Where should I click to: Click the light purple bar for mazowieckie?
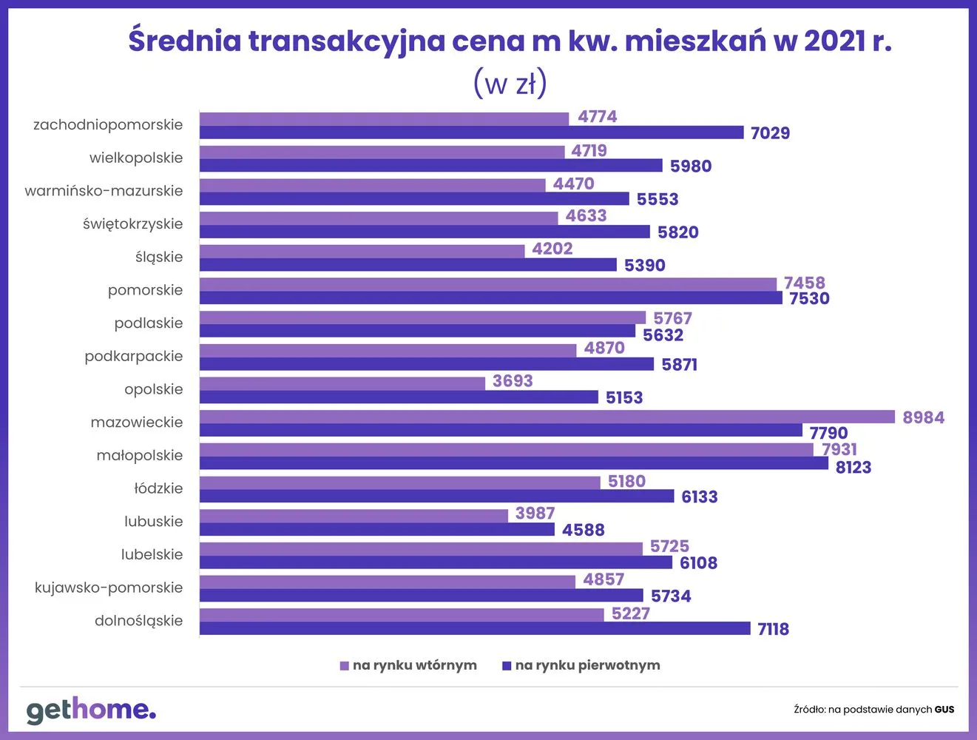tap(547, 417)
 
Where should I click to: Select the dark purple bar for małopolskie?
tap(513, 463)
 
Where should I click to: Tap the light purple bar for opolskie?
tap(342, 383)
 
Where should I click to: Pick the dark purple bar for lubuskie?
tap(376, 530)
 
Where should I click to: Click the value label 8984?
tap(923, 417)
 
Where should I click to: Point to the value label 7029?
tap(770, 133)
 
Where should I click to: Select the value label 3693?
tap(513, 381)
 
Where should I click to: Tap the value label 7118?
tap(773, 629)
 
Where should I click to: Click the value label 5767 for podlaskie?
tap(672, 318)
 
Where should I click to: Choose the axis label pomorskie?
tap(145, 290)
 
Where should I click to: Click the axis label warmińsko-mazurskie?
tap(104, 191)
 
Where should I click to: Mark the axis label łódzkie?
tap(158, 488)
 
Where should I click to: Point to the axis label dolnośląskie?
tap(138, 621)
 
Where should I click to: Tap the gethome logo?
tap(91, 710)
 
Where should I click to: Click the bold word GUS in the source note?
tap(944, 710)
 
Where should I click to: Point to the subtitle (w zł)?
tap(510, 83)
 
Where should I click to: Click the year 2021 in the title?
tap(834, 41)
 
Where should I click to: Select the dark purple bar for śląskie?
tap(408, 265)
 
